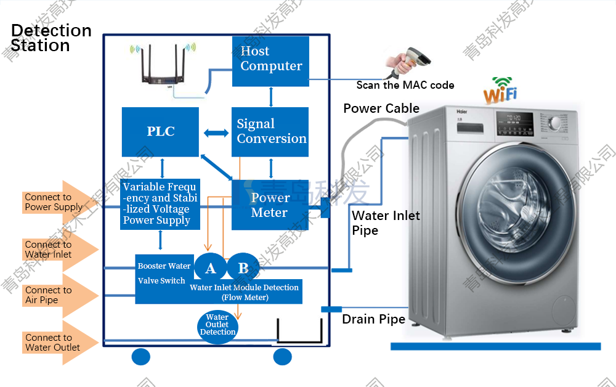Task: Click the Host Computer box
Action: [270, 60]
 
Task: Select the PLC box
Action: [160, 131]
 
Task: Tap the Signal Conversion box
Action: [270, 131]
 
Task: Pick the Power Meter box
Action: [269, 205]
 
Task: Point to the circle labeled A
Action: [211, 268]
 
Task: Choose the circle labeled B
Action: [243, 268]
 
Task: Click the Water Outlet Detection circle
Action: [217, 325]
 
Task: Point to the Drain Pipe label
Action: [373, 319]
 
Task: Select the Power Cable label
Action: [381, 108]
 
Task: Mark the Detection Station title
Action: [51, 38]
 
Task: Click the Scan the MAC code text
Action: [405, 85]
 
